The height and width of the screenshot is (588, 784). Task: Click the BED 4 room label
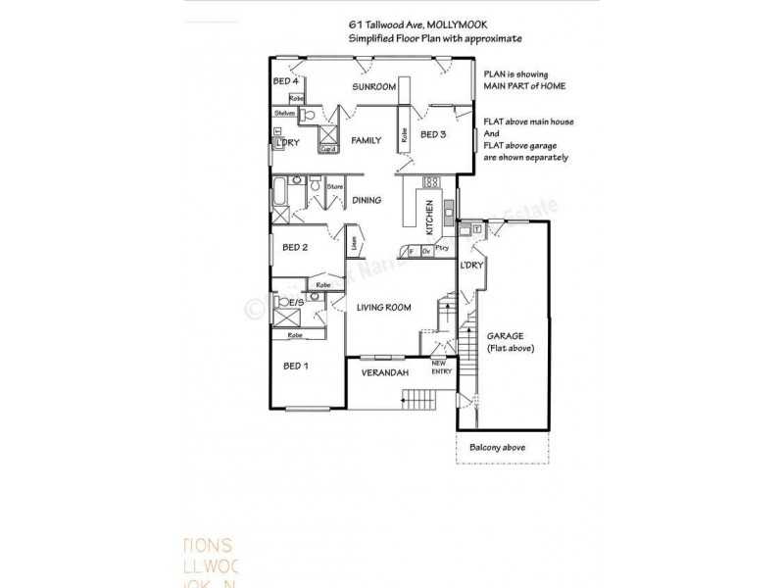pos(285,81)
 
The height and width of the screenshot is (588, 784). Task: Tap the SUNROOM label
pos(374,87)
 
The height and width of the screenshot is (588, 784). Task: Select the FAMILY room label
pos(367,141)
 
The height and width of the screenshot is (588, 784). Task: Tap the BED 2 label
pos(296,248)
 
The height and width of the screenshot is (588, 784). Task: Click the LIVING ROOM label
pos(383,308)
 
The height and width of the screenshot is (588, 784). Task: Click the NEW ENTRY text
pos(444,368)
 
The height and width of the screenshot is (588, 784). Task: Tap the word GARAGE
pos(509,336)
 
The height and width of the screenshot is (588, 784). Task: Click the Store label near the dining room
pos(334,185)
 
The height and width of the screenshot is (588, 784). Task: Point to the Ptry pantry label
pos(442,249)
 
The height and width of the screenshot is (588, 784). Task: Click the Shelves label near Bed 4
pos(284,114)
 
